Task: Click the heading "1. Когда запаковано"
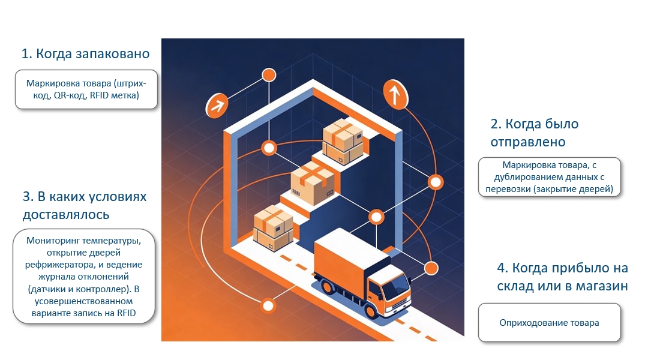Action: [x=85, y=54]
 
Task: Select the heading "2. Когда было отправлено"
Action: [x=534, y=133]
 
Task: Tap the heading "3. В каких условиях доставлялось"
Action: [x=84, y=205]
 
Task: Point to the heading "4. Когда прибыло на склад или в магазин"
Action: [x=562, y=277]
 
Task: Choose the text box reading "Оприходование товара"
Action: [x=549, y=323]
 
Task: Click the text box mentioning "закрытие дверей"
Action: [x=549, y=177]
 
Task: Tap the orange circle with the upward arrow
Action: [x=394, y=94]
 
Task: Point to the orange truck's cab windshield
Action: [x=392, y=291]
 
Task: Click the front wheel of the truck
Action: [x=377, y=311]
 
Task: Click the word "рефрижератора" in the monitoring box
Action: [x=56, y=265]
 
